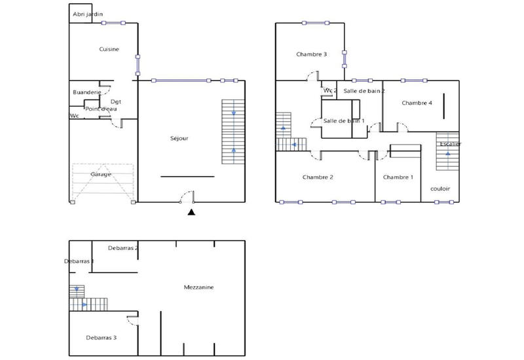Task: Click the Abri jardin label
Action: (x=88, y=14)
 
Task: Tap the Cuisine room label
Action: (x=109, y=49)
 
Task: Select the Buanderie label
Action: (x=86, y=93)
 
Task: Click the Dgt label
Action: (x=116, y=101)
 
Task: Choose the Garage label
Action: (x=101, y=174)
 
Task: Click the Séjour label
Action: (x=179, y=138)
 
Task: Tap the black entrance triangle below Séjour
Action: (x=191, y=212)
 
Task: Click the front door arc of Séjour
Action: (x=187, y=196)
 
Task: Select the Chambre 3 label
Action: (x=311, y=54)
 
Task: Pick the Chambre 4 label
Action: (x=417, y=103)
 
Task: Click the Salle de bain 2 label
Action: (x=364, y=91)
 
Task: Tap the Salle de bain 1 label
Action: (x=344, y=121)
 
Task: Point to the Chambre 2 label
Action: (x=318, y=177)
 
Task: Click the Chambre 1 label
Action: (x=398, y=177)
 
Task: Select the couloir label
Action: (x=440, y=189)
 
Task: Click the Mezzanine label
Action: (x=199, y=287)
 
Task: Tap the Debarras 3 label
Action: (x=101, y=338)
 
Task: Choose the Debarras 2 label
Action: (x=123, y=248)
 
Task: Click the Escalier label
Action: (x=450, y=143)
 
